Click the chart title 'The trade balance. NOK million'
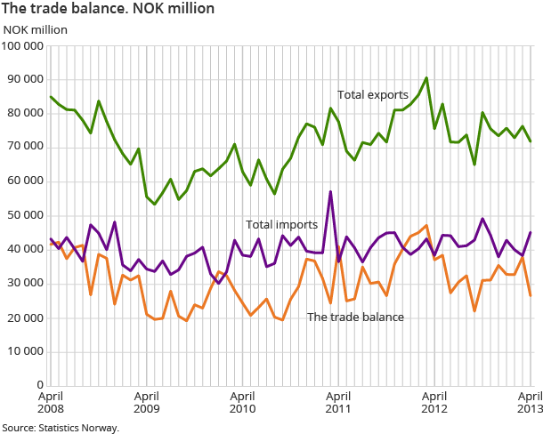pos(108,9)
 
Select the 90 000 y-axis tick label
pos(25,79)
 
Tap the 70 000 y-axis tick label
pos(25,148)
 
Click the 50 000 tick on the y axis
pos(25,215)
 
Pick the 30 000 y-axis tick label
pos(25,284)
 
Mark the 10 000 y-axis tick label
pos(25,351)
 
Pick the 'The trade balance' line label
pos(355,317)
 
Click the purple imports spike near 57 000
pos(330,192)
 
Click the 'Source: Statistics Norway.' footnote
pos(61,428)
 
